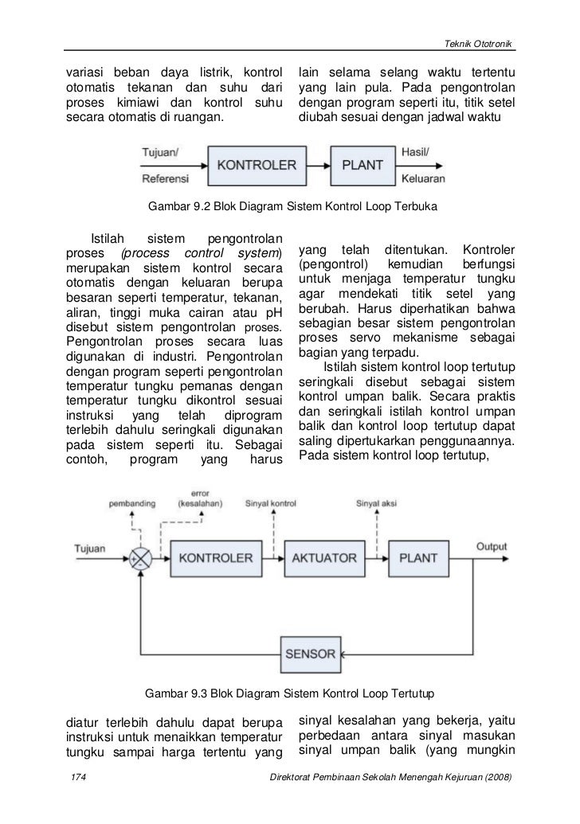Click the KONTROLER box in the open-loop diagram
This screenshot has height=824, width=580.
(x=257, y=166)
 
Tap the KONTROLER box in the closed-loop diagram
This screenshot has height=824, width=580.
(x=215, y=557)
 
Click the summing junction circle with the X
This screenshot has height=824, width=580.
(x=142, y=557)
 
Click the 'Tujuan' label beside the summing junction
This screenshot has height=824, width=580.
(x=89, y=549)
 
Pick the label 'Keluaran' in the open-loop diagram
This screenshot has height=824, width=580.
(x=424, y=178)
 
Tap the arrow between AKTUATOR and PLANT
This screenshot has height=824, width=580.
(x=378, y=557)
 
